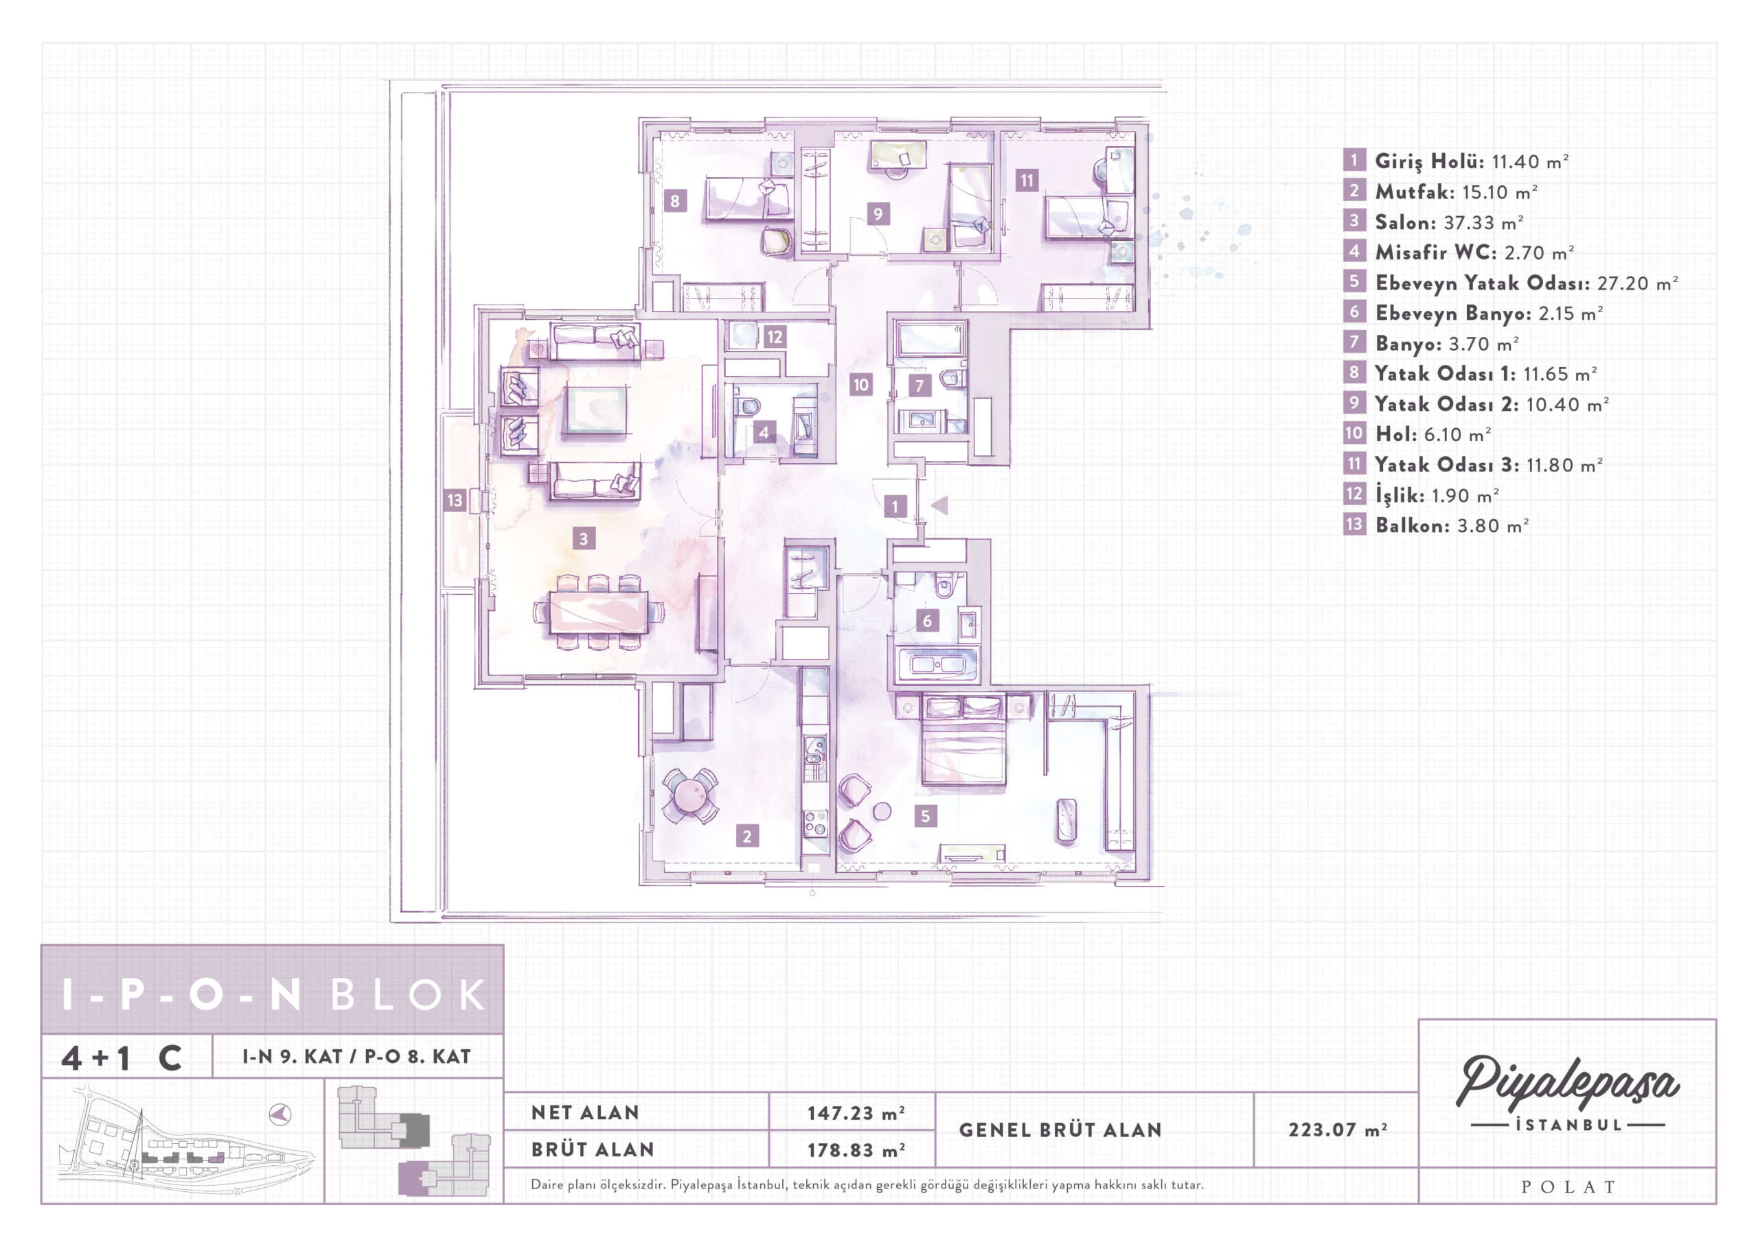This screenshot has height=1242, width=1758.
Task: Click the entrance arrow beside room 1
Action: coord(939,505)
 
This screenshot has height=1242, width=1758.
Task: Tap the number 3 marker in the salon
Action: coord(584,539)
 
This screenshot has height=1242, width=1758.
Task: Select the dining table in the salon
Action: coord(598,612)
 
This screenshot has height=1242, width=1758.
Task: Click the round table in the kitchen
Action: coord(690,795)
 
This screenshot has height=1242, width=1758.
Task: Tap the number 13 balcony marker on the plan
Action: coord(455,500)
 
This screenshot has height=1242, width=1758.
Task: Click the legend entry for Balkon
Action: coord(1437,525)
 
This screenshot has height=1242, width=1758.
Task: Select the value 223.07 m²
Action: coord(1337,1129)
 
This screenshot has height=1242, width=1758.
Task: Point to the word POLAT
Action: coord(1567,1187)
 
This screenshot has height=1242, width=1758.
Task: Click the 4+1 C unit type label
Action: coord(122,1058)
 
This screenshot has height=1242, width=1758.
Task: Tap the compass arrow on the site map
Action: coord(280,1115)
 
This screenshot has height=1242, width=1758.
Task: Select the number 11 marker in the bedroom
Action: coord(1026,180)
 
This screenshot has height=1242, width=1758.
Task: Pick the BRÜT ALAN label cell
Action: coord(593,1149)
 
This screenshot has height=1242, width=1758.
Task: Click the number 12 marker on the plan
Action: coord(774,337)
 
